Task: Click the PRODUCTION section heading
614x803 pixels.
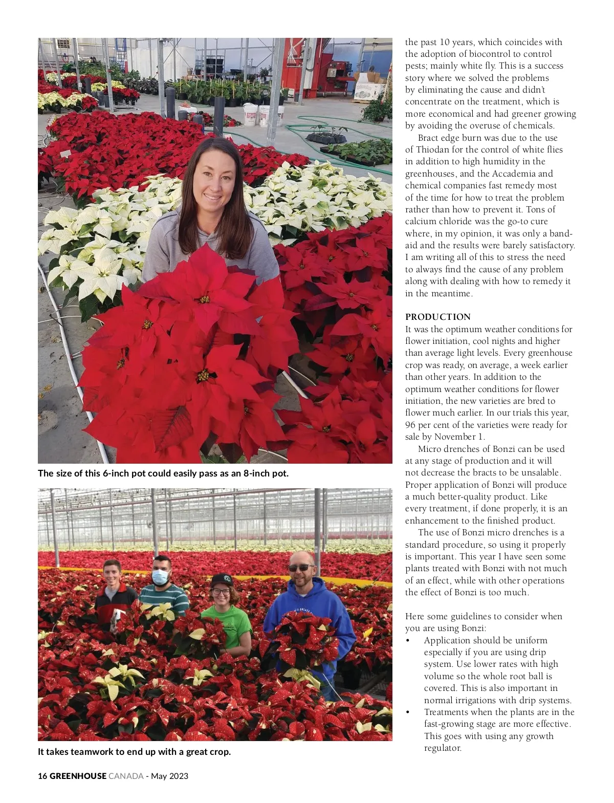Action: (437, 317)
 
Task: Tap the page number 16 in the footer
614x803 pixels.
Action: (42, 776)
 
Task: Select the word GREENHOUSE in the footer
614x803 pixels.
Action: (78, 776)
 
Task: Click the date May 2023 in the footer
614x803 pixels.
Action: (169, 776)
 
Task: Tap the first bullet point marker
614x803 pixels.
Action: (408, 641)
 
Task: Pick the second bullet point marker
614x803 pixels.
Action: (408, 712)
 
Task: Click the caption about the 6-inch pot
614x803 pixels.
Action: (163, 473)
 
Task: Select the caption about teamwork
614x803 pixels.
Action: (134, 752)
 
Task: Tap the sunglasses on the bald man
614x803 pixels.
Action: (301, 568)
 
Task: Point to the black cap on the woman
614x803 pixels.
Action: (221, 580)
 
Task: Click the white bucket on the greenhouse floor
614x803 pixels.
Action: (250, 115)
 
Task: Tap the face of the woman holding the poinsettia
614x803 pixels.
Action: (211, 178)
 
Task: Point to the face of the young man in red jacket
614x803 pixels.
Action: (112, 574)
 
